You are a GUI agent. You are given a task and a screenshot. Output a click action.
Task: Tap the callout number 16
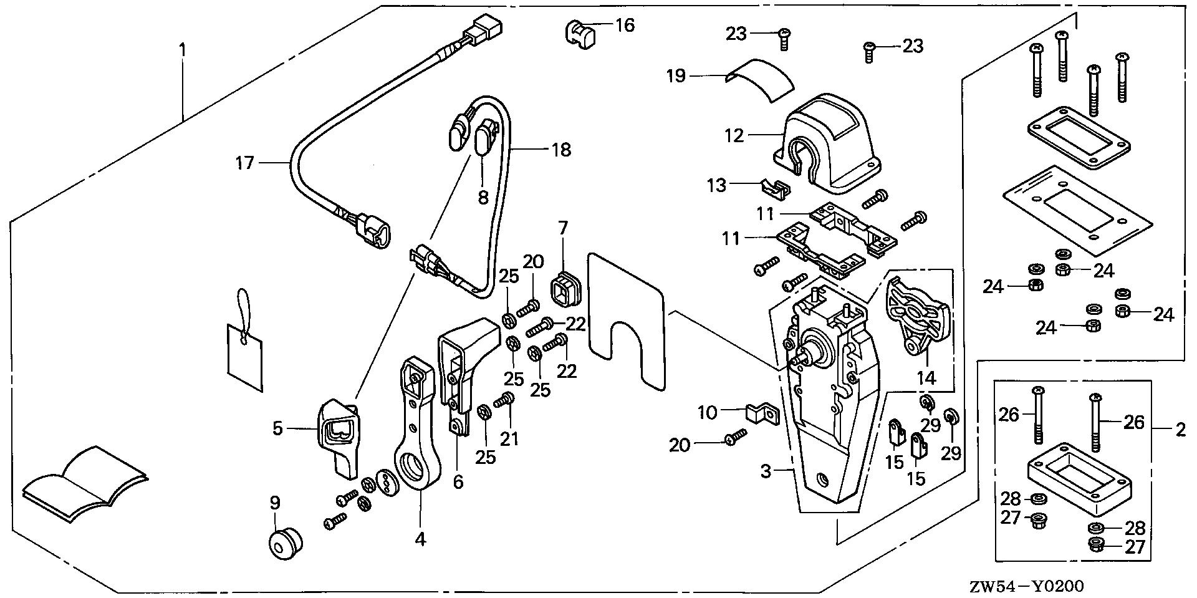click(x=625, y=26)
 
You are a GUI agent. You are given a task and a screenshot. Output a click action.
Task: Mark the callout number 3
click(x=766, y=472)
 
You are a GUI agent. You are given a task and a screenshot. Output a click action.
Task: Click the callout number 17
click(x=245, y=163)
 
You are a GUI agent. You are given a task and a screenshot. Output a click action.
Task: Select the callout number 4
click(x=420, y=538)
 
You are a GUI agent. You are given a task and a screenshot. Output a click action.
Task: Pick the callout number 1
click(x=181, y=48)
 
